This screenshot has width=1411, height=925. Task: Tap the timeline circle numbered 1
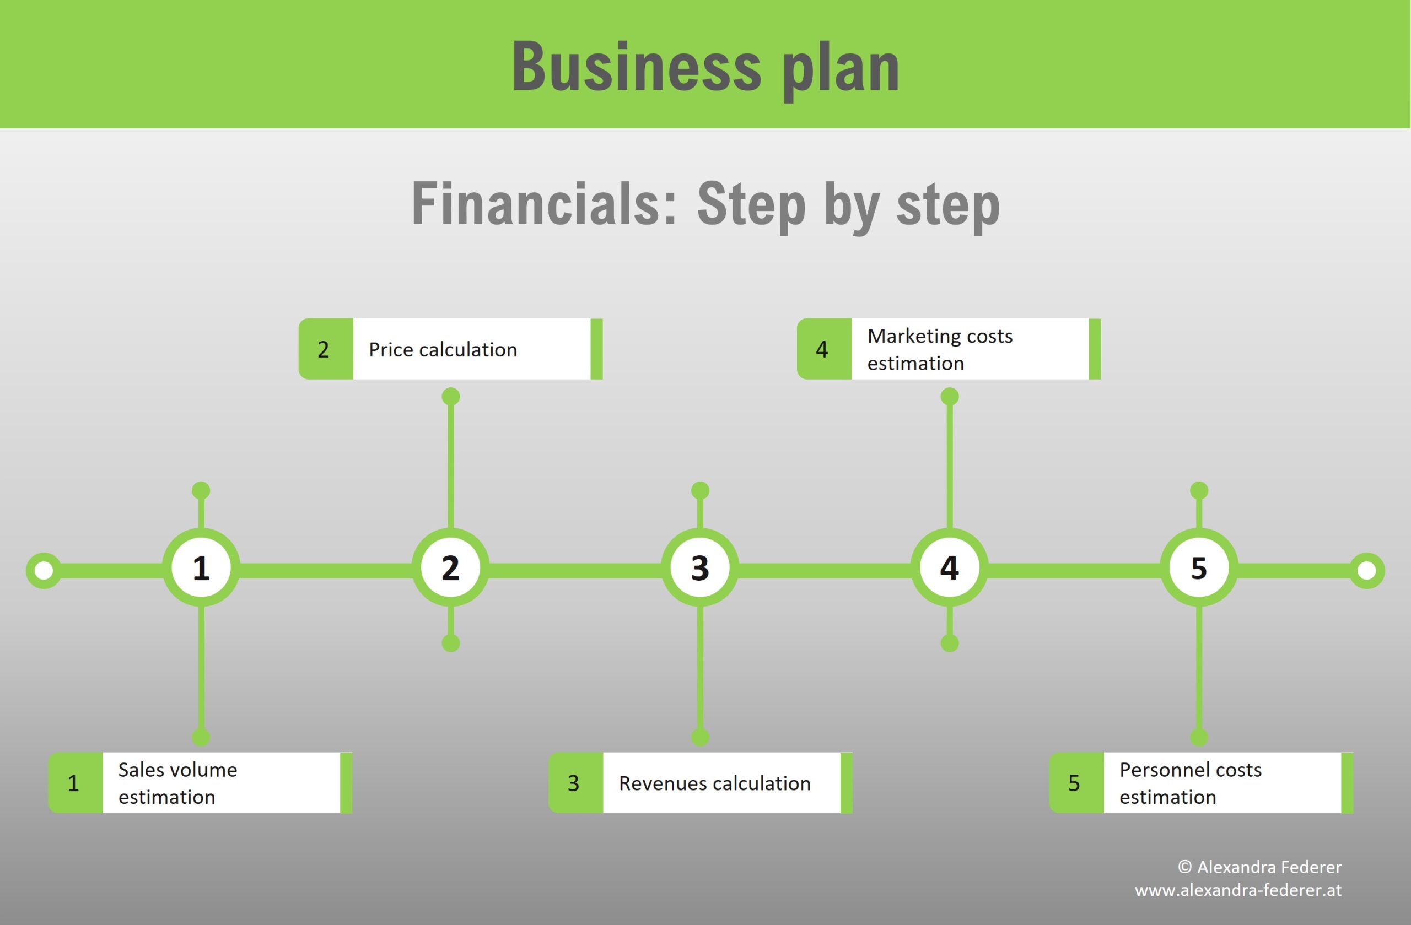point(202,567)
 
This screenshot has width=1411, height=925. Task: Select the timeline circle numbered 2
point(450,567)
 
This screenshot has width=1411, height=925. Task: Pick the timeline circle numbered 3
point(700,567)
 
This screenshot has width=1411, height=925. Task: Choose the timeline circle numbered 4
point(950,567)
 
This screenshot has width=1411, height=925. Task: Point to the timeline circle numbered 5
point(1199,567)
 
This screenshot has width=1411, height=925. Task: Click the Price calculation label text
point(443,350)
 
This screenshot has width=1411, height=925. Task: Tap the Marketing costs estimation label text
point(940,349)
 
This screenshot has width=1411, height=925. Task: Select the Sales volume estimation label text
point(178,783)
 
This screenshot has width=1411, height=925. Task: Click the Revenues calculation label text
point(714,783)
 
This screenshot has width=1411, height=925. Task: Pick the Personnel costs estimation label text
point(1191,783)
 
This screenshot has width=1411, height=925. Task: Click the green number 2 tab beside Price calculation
point(326,349)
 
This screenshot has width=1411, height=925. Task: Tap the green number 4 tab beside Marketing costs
point(824,349)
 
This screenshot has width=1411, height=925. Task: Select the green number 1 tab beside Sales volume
point(76,783)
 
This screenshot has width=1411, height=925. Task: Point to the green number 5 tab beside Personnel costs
point(1076,783)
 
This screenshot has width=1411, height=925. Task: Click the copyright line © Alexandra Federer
point(1259,867)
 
